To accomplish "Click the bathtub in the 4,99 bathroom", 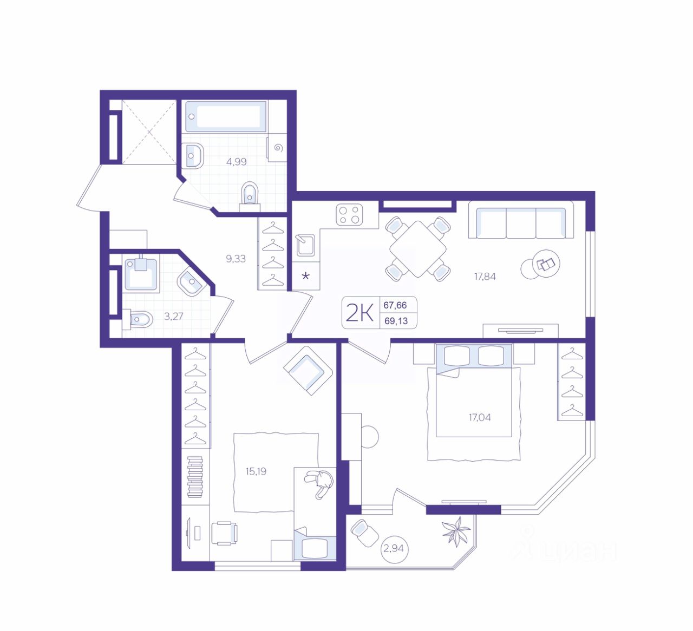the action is pyautogui.click(x=226, y=116).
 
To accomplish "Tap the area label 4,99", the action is pyautogui.click(x=236, y=162).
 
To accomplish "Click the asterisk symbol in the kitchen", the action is pyautogui.click(x=305, y=276).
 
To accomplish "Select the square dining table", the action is pyautogui.click(x=417, y=249).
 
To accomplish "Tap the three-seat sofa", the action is pyautogui.click(x=521, y=219).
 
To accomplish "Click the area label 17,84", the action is pyautogui.click(x=485, y=277).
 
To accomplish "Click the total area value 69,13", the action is pyautogui.click(x=396, y=321).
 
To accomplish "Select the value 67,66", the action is pyautogui.click(x=395, y=305).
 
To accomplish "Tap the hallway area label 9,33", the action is pyautogui.click(x=236, y=259).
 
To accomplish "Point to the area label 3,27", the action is pyautogui.click(x=173, y=316).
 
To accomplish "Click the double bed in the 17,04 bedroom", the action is pyautogui.click(x=474, y=402).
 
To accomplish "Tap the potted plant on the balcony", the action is pyautogui.click(x=456, y=531).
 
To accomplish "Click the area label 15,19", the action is pyautogui.click(x=256, y=471).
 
